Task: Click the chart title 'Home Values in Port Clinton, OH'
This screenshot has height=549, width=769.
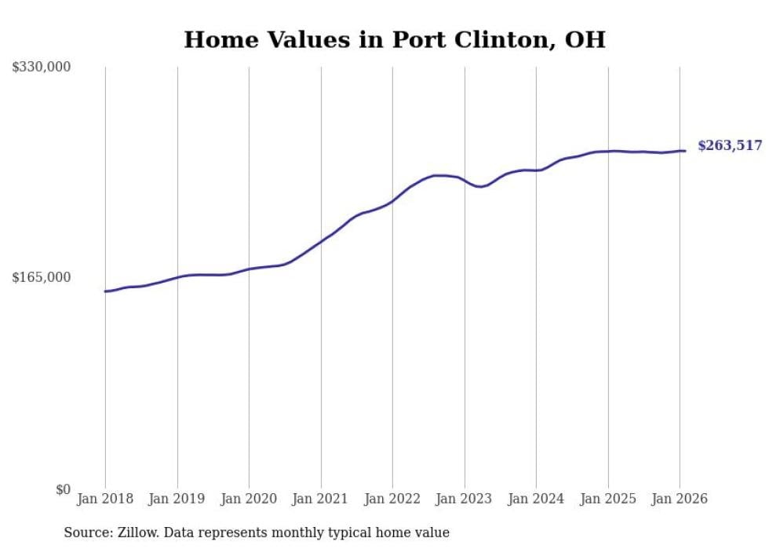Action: tap(395, 39)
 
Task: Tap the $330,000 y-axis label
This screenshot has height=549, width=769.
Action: tap(41, 68)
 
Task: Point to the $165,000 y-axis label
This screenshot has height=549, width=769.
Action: tap(41, 277)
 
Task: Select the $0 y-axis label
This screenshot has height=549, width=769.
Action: tap(63, 489)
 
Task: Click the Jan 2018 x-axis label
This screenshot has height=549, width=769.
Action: tap(105, 500)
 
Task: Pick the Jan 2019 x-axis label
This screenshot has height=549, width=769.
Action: tap(177, 500)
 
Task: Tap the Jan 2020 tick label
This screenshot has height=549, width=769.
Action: tap(249, 500)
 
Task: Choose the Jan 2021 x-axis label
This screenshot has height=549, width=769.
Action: tap(321, 500)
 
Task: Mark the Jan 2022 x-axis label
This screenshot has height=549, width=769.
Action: tap(392, 500)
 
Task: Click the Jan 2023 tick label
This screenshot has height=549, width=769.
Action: tap(465, 500)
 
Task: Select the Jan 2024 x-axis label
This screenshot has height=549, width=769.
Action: tap(536, 500)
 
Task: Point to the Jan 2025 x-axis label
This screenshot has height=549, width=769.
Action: tap(608, 500)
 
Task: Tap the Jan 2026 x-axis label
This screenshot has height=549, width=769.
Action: tap(680, 500)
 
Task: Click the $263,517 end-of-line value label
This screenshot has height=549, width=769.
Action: tap(729, 145)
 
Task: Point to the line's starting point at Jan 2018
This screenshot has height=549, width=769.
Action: tap(105, 291)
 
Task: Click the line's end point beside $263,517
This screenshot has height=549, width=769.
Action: tap(685, 151)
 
